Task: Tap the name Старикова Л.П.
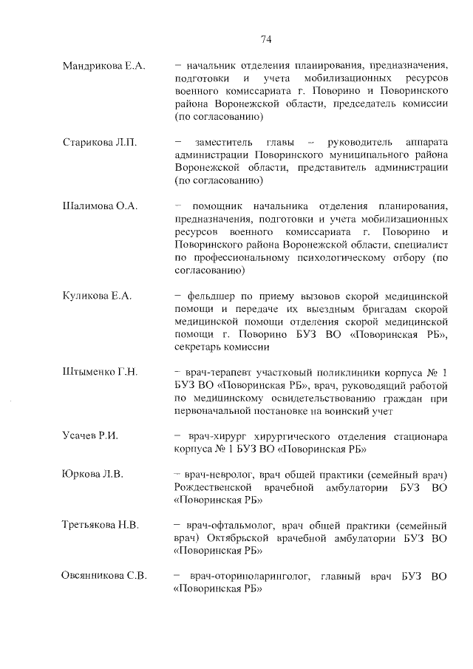pos(100,141)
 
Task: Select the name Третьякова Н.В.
pos(101,525)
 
